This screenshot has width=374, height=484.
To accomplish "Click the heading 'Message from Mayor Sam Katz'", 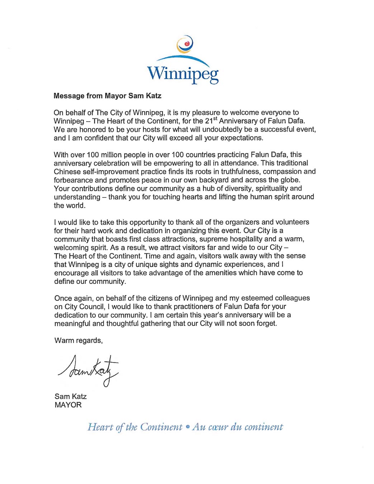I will pyautogui.click(x=107, y=96).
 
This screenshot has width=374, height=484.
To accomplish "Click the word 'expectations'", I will pyautogui.click(x=241, y=138).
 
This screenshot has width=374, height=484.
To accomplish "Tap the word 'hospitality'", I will pyautogui.click(x=244, y=239).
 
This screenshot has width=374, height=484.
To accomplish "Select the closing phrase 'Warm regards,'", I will pyautogui.click(x=79, y=341).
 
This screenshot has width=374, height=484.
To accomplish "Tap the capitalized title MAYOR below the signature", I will pyautogui.click(x=68, y=405).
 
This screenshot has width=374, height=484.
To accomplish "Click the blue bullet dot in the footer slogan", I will pyautogui.click(x=187, y=427).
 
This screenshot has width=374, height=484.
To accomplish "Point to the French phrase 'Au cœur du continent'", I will pyautogui.click(x=237, y=427).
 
